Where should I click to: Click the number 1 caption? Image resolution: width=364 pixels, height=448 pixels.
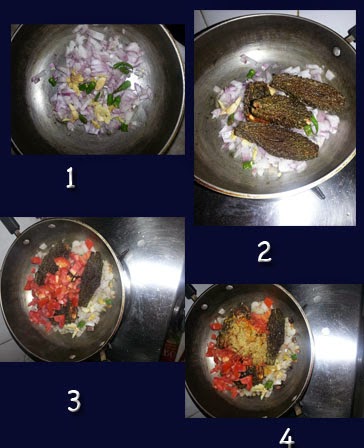coord(70,178)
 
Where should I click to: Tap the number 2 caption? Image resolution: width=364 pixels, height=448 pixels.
coord(265,252)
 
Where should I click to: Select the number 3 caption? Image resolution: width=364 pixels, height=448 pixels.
coord(74,401)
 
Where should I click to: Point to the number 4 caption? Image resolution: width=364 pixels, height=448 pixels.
coord(287,437)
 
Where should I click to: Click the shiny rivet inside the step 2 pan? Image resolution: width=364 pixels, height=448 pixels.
coord(337,51)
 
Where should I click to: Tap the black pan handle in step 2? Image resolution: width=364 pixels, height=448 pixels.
coord(351,35)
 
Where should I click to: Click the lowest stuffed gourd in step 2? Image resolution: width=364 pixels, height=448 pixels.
coord(276,141)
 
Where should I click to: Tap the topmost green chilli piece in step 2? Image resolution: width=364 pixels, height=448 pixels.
coord(251,74)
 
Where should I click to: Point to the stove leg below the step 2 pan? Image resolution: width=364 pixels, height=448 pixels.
coord(318,192)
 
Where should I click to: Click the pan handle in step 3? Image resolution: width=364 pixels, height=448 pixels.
coord(11,224)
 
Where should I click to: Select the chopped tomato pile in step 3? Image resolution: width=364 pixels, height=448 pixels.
coord(55,290)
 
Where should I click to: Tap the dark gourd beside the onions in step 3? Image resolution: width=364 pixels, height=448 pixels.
coord(91,279)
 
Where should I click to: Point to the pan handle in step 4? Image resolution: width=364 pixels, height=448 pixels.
coord(192,293)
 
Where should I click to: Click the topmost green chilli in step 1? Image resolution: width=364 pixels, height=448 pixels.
coord(123,67)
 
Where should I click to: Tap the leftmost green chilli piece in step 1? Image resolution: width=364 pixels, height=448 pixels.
coord(52,82)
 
